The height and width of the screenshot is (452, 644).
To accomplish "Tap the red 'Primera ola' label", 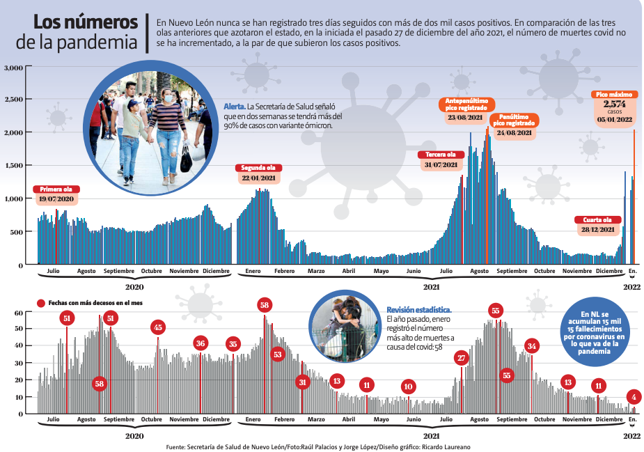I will [x=56, y=189].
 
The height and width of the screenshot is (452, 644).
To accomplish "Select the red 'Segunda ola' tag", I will [x=258, y=168].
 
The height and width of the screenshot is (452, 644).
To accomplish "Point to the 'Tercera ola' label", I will [x=440, y=154].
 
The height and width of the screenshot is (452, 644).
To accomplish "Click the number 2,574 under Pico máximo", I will [x=615, y=104].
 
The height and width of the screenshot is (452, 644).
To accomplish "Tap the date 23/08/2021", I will [x=466, y=118].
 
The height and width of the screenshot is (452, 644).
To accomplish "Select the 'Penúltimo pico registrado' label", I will [x=515, y=120].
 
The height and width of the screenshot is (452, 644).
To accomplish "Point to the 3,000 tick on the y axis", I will [x=14, y=68].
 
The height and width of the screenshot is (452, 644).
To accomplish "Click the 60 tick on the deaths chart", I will [x=19, y=313].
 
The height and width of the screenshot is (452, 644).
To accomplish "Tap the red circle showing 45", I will [x=158, y=327].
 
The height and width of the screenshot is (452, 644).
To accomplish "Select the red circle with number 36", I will [x=201, y=343].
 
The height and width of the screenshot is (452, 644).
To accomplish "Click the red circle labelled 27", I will [x=461, y=358].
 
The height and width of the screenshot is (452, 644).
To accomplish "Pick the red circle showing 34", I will [x=532, y=345].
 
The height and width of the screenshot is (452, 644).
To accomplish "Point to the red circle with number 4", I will [x=634, y=397].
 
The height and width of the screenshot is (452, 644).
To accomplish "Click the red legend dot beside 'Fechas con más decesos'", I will [x=40, y=303].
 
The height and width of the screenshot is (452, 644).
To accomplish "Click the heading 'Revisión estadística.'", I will [x=418, y=309].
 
